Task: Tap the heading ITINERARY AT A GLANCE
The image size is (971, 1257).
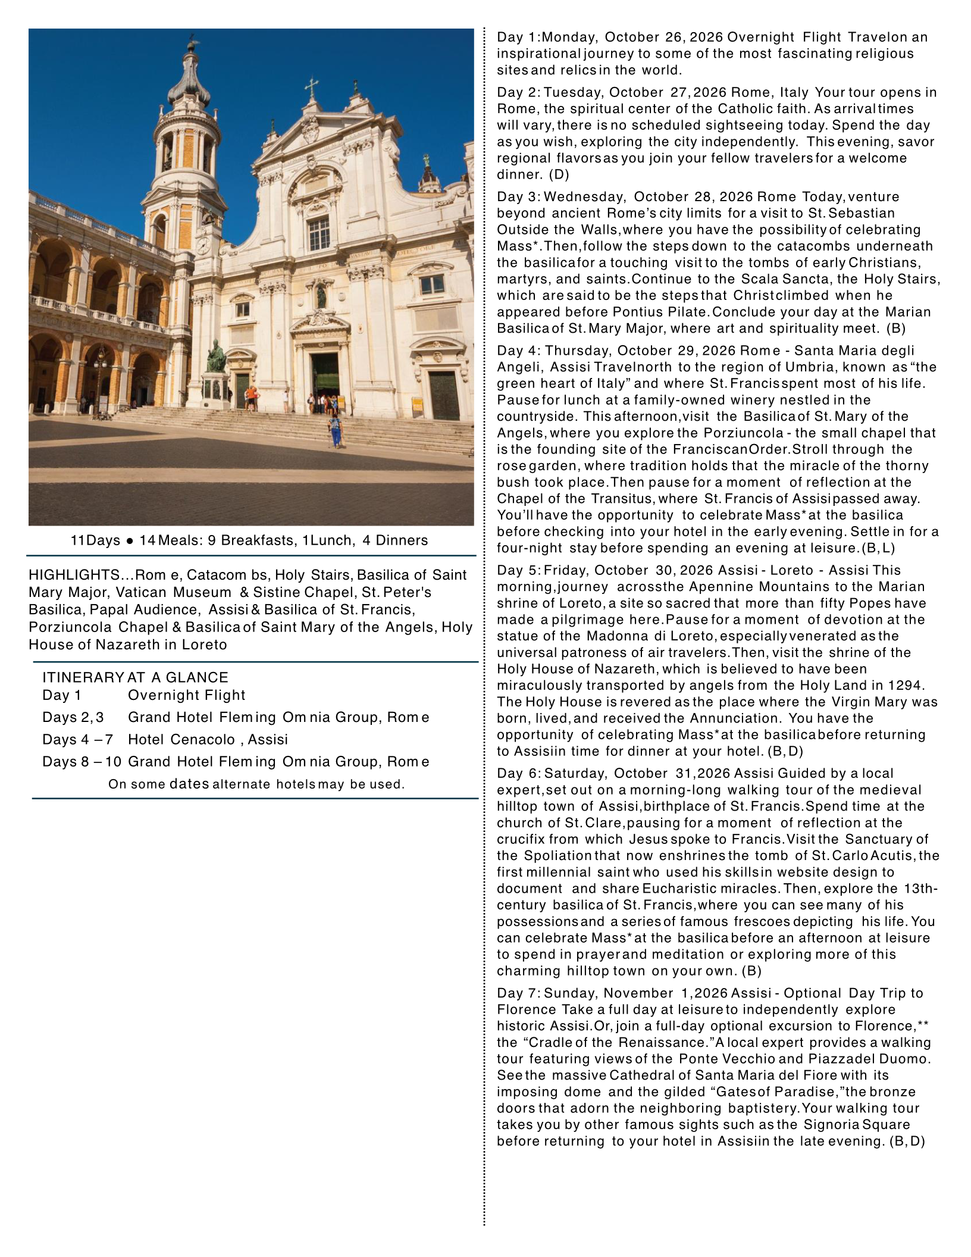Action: click(135, 677)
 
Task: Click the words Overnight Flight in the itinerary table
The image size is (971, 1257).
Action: click(186, 695)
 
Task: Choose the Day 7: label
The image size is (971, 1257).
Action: click(519, 993)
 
